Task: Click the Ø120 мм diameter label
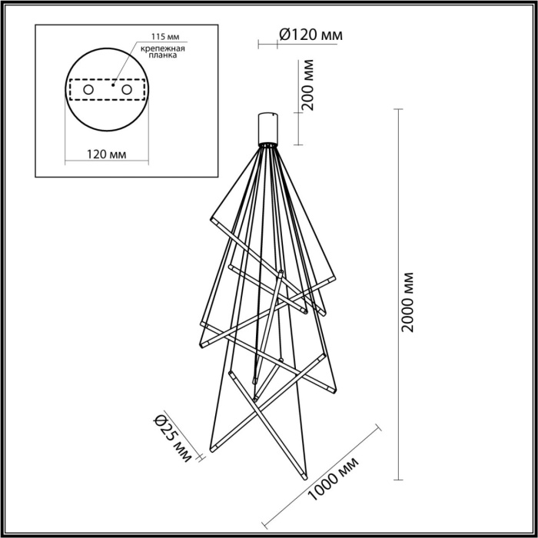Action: (x=308, y=34)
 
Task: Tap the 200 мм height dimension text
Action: (x=308, y=87)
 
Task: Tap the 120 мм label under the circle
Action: (x=106, y=154)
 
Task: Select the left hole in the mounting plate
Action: (x=88, y=91)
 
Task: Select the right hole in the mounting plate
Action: (x=125, y=91)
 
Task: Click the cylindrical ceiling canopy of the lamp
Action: (x=267, y=126)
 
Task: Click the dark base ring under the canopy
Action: (x=267, y=144)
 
